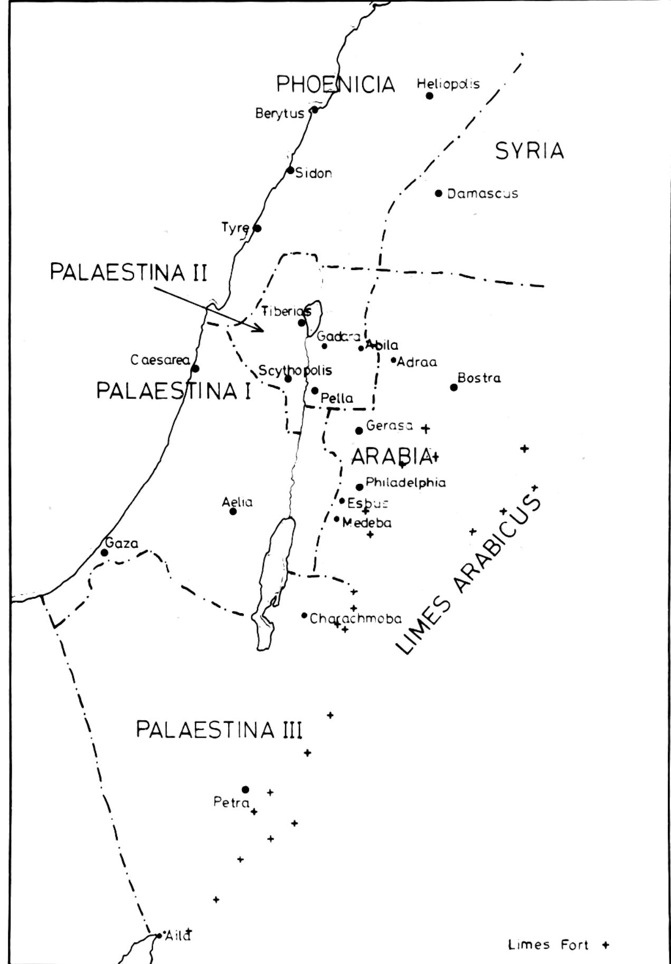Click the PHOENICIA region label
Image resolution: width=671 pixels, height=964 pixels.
pyautogui.click(x=336, y=84)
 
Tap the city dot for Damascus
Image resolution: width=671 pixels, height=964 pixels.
pyautogui.click(x=439, y=193)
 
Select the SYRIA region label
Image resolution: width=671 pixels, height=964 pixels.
pyautogui.click(x=530, y=151)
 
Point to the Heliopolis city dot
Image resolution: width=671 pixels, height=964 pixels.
pyautogui.click(x=430, y=96)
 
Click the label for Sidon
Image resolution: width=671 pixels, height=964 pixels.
pyautogui.click(x=314, y=173)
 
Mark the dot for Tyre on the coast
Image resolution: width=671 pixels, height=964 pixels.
pyautogui.click(x=257, y=228)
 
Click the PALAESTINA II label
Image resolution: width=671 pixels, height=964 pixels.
pyautogui.click(x=128, y=272)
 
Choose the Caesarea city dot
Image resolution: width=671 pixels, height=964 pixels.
pyautogui.click(x=195, y=368)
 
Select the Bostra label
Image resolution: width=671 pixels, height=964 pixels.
pyautogui.click(x=479, y=378)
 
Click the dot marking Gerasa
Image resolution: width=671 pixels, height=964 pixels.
pyautogui.click(x=359, y=431)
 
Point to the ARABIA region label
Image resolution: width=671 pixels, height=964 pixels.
pyautogui.click(x=391, y=456)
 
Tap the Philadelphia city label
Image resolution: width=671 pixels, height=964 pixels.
pyautogui.click(x=405, y=482)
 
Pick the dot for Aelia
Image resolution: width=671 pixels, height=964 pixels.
pyautogui.click(x=233, y=511)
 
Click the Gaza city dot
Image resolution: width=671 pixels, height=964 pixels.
pyautogui.click(x=105, y=552)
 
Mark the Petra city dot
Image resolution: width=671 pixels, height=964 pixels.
pyautogui.click(x=245, y=789)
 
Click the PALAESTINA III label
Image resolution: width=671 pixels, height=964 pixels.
pyautogui.click(x=219, y=730)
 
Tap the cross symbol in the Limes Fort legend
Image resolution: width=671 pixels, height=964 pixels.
pyautogui.click(x=606, y=944)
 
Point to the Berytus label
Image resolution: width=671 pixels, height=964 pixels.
pyautogui.click(x=280, y=113)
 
